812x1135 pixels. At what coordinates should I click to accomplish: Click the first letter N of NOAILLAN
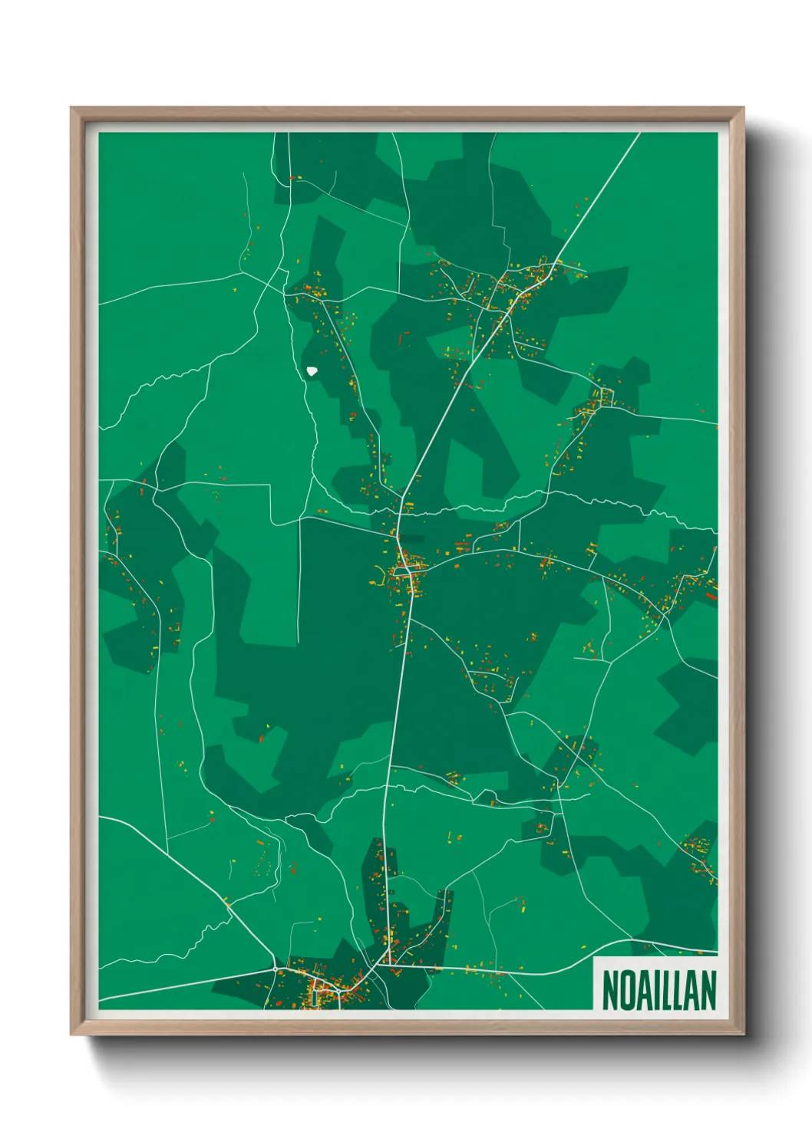pyautogui.click(x=609, y=990)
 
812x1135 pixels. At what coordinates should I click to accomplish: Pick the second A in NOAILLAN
pyautogui.click(x=692, y=990)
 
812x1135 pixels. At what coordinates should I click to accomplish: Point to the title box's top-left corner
pyautogui.click(x=594, y=957)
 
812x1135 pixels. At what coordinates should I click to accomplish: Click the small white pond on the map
pyautogui.click(x=312, y=371)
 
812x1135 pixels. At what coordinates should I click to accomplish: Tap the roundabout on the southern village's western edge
pyautogui.click(x=276, y=969)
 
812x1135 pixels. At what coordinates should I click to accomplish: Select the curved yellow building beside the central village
pyautogui.click(x=378, y=571)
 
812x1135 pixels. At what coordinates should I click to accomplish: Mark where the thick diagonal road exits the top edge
pyautogui.click(x=639, y=133)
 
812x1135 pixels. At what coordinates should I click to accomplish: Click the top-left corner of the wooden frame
pyautogui.click(x=71, y=108)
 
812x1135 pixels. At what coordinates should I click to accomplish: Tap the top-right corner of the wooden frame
pyautogui.click(x=743, y=108)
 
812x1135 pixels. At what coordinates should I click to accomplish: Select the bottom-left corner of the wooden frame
pyautogui.click(x=71, y=1035)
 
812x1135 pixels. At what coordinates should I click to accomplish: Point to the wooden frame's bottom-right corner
pyautogui.click(x=743, y=1035)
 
